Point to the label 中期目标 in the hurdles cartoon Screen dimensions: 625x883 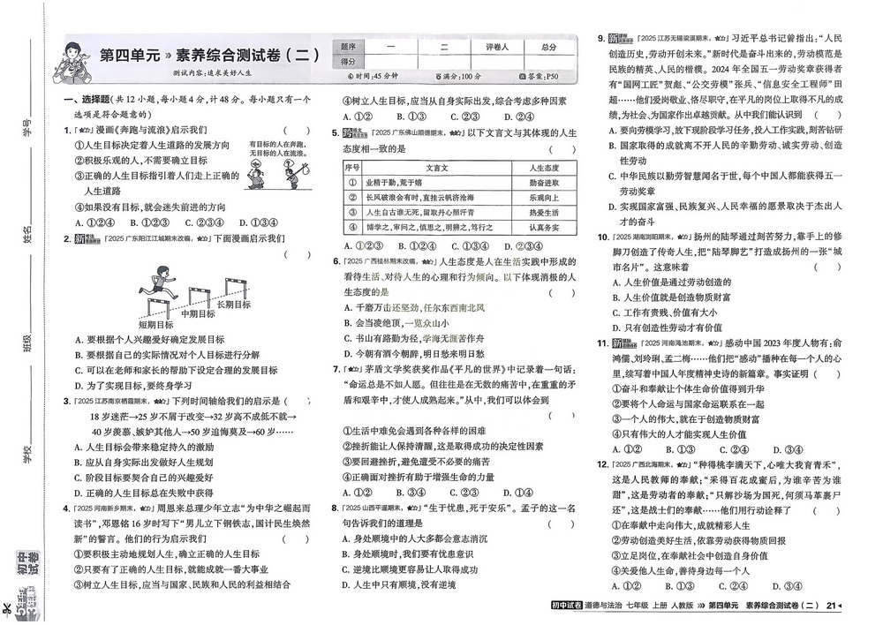tap(198, 313)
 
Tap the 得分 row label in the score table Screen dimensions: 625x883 tap(348, 62)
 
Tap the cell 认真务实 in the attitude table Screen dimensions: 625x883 tap(547, 228)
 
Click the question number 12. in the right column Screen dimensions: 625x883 tap(600, 464)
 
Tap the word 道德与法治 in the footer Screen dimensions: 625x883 tap(608, 605)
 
